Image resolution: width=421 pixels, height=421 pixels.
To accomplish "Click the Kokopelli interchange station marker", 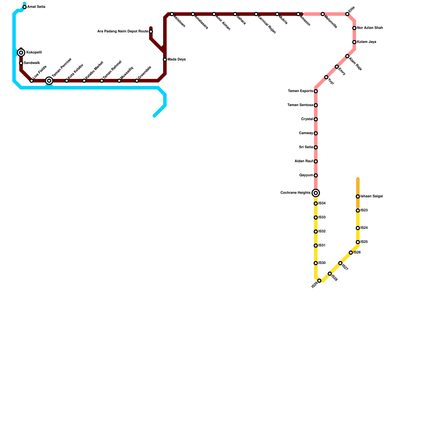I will [21, 53].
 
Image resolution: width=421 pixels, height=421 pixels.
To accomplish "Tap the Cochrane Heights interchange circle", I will [316, 193].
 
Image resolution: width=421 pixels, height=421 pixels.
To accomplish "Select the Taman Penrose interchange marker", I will [49, 81].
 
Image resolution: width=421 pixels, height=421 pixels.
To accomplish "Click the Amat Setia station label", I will [36, 7].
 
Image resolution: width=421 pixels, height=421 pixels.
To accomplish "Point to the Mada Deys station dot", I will [165, 60].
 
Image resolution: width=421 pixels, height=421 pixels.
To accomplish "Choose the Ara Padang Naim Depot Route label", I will [123, 32].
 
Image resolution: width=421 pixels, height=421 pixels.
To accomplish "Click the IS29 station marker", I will [319, 281].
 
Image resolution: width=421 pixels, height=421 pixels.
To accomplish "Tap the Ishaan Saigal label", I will [371, 196].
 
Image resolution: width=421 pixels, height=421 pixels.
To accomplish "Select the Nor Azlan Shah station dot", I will [354, 28].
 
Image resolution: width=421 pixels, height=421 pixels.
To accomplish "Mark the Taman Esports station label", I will [300, 91].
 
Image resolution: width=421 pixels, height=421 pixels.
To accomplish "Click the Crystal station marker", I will [316, 119].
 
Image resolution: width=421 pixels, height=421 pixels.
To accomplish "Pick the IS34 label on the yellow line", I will [322, 203].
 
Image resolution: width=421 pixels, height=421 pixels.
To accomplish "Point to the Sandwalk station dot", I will [21, 63].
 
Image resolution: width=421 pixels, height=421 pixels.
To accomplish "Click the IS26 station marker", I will [351, 253].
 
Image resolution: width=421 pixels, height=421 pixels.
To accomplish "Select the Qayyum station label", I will [306, 175].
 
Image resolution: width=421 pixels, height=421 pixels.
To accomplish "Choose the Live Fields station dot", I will [32, 81].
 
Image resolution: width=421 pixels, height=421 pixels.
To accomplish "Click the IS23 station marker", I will [358, 210].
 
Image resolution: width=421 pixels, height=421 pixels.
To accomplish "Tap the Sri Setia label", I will [306, 147].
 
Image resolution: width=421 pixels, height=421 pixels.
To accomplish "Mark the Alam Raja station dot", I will [347, 56].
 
